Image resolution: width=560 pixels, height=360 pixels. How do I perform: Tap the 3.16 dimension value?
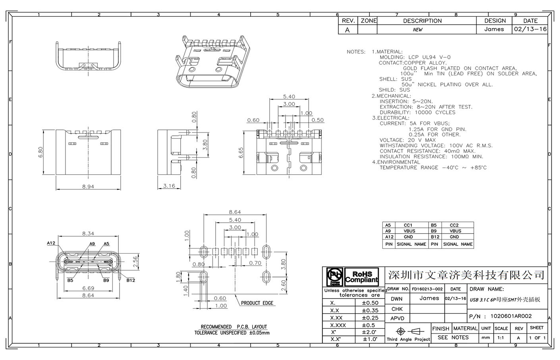169,186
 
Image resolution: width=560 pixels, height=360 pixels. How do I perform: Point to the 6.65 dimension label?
241,152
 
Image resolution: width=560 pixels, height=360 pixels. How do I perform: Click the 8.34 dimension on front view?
88,234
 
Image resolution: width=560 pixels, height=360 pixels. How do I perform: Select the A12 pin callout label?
51,243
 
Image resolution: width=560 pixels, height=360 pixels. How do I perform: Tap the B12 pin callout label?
131,280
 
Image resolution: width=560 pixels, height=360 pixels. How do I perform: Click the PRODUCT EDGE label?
257,303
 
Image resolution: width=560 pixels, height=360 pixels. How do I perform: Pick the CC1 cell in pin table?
408,225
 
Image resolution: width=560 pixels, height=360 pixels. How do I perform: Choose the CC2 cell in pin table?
454,225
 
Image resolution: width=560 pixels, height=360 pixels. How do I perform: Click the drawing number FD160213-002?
427,289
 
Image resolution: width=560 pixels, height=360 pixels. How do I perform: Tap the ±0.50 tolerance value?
370,303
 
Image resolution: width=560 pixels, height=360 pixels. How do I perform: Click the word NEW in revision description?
417,30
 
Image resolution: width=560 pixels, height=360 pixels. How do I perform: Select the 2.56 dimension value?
135,261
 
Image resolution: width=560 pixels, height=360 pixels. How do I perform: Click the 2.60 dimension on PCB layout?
283,285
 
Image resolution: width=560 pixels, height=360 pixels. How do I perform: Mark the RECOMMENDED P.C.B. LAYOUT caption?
234,327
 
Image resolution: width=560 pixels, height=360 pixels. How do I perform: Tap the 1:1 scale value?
500,338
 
